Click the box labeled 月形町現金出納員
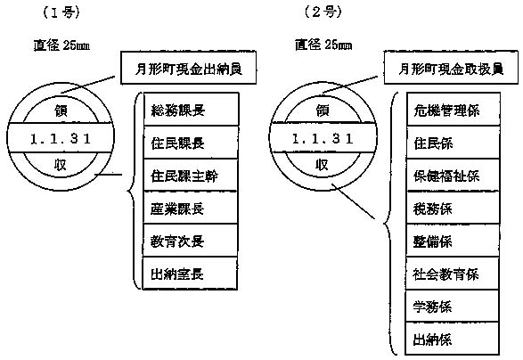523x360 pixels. tap(189, 68)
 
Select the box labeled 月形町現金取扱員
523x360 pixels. tap(451, 68)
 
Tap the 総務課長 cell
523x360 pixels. tap(192, 109)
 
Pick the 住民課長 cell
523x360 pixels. tap(192, 143)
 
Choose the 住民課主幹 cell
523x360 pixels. tap(191, 175)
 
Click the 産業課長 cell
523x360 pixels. tap(191, 208)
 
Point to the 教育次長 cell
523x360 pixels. tap(190, 241)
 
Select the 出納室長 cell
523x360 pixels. tap(190, 274)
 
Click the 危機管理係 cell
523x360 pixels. tap(454, 109)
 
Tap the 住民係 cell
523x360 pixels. tap(454, 143)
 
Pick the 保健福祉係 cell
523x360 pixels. tap(453, 175)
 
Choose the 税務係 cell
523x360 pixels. tap(453, 208)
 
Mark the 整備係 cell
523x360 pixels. tap(453, 241)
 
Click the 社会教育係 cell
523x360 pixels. tap(453, 274)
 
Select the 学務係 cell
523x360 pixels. tap(452, 306)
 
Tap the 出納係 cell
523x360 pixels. tap(452, 339)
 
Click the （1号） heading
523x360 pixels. tap(61, 12)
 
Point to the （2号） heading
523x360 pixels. tap(323, 12)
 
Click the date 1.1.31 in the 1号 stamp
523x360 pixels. tap(61, 138)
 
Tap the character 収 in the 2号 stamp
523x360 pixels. tap(322, 165)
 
